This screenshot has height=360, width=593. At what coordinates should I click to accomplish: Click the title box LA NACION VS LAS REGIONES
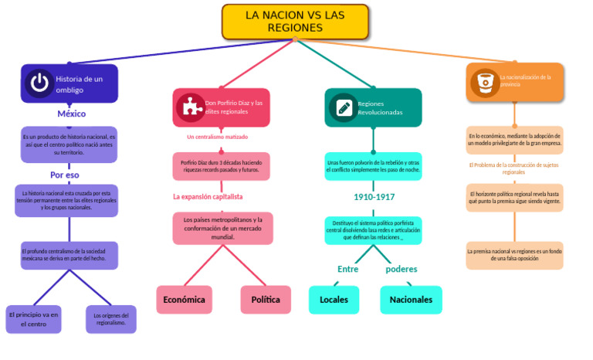point(295,22)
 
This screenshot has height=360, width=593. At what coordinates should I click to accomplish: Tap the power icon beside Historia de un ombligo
point(39,83)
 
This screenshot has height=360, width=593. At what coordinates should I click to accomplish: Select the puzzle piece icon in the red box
point(189,107)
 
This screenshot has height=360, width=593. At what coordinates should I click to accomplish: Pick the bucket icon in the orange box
point(486,81)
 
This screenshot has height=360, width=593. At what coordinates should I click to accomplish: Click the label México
point(71,114)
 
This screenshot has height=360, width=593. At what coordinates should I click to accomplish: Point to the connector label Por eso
point(65,175)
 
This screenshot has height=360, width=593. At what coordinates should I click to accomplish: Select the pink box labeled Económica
point(184,300)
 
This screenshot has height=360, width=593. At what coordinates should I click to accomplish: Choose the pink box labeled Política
point(266,300)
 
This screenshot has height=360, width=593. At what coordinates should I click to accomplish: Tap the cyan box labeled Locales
point(334,300)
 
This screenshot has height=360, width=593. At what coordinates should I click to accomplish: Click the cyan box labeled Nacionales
point(411,300)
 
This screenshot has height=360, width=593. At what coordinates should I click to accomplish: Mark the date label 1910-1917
point(374,197)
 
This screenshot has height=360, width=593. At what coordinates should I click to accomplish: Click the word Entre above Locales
point(348,269)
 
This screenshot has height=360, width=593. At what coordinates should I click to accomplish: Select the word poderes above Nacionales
point(401,269)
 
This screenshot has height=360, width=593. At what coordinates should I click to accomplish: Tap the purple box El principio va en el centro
point(33,319)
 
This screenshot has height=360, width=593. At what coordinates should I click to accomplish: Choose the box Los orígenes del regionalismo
point(110,319)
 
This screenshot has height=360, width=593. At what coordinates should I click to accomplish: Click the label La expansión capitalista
point(208,196)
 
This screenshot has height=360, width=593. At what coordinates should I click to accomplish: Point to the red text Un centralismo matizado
point(217,137)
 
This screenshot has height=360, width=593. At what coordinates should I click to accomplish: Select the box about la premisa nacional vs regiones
point(514,255)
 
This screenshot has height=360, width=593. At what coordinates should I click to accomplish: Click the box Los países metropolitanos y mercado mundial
point(222,228)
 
